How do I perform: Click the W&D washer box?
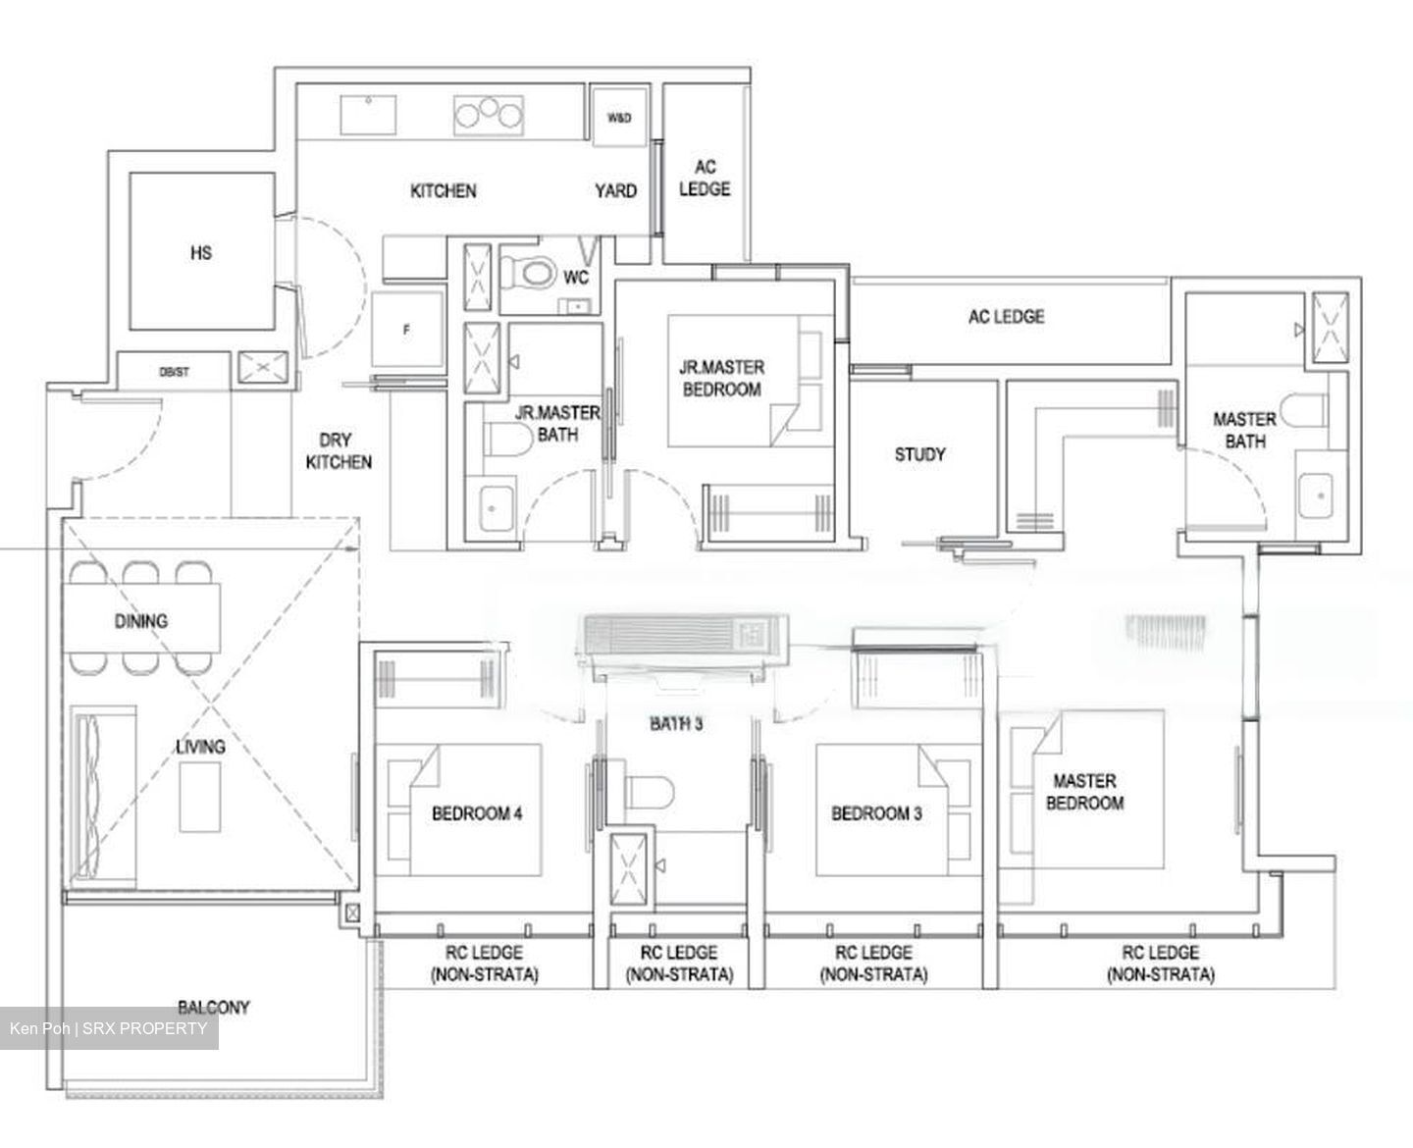(x=618, y=118)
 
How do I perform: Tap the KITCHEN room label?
(x=443, y=190)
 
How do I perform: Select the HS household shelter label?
(x=201, y=253)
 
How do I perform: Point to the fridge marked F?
(x=407, y=331)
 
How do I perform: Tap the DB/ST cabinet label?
(x=174, y=372)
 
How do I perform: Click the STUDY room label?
(x=919, y=454)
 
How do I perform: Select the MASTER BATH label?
(x=1244, y=430)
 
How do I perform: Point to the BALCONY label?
(x=213, y=1007)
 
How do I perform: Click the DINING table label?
(x=141, y=620)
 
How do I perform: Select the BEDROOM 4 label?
(x=477, y=813)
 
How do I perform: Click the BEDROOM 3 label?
(x=875, y=813)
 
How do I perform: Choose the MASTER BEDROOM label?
(x=1084, y=792)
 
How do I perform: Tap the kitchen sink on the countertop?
(x=369, y=114)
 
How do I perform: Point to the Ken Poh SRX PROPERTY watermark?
(x=109, y=1028)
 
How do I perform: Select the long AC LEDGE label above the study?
(x=1006, y=317)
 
